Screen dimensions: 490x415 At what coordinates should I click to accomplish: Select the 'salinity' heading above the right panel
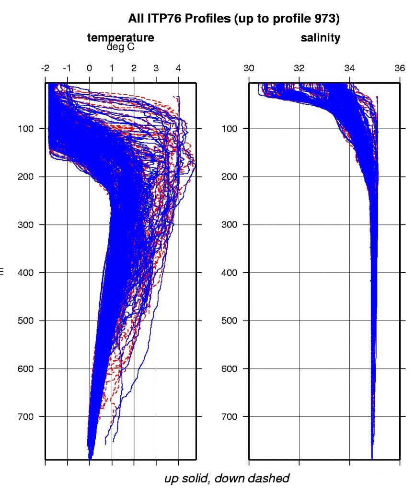320,38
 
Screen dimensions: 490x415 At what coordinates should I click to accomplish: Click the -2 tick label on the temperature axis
46,68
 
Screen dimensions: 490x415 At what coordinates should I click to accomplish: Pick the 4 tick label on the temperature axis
178,68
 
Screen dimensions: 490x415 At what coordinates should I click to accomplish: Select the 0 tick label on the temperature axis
90,68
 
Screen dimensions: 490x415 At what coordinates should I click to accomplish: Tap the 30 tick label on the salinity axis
249,68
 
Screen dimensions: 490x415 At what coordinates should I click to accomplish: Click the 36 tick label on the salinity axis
400,68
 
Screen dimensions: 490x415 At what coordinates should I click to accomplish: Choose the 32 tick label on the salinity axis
300,68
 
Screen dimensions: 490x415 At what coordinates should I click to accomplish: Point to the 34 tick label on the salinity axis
350,68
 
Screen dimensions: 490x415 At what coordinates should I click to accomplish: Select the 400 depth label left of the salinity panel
231,273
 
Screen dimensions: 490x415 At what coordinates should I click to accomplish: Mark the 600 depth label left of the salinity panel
231,368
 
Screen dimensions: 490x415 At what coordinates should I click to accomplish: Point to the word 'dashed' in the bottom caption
269,478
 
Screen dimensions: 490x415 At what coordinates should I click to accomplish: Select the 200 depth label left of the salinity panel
231,177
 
